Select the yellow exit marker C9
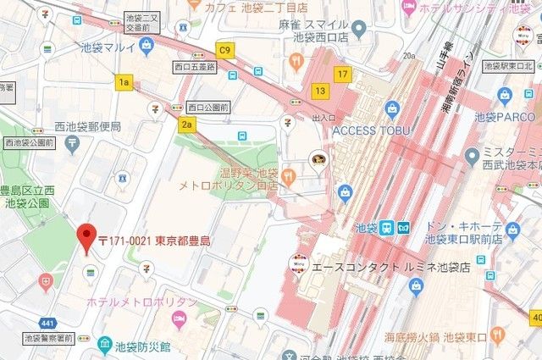point(224,51)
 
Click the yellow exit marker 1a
point(125,81)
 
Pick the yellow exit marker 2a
point(187,125)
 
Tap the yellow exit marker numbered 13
point(319,91)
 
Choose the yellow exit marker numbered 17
point(342,74)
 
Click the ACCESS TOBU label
point(371,130)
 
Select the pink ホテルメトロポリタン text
point(141,302)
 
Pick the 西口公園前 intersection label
point(208,108)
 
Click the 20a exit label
point(411,56)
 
